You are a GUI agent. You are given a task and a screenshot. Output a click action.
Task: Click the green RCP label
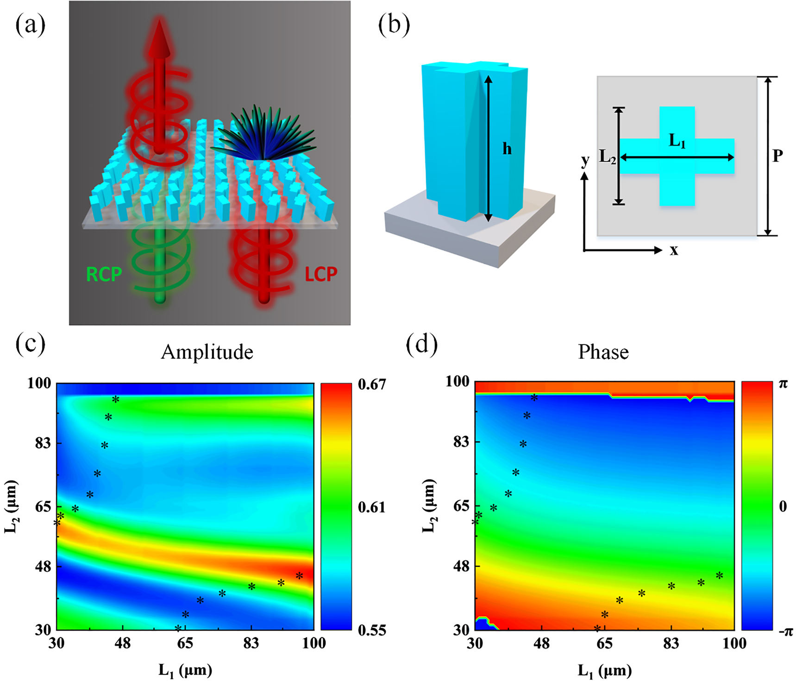[104, 274]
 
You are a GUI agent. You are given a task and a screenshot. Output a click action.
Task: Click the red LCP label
[320, 274]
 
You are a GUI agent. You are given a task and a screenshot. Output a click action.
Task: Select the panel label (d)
[421, 345]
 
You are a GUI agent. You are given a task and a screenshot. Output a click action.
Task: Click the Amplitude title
[207, 352]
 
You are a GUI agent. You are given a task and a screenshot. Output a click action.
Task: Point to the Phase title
[603, 352]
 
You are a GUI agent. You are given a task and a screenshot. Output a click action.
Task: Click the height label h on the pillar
[507, 149]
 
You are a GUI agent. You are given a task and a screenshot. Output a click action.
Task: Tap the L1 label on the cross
[677, 141]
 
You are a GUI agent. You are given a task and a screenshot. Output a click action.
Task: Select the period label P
[777, 156]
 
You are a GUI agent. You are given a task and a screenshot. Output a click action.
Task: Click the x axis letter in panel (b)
[674, 250]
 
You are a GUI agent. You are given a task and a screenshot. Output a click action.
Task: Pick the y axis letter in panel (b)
[585, 160]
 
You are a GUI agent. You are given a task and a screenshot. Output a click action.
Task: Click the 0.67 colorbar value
[372, 384]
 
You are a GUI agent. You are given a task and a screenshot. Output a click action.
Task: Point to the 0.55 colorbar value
[372, 630]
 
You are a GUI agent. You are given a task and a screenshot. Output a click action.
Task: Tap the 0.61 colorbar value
[372, 507]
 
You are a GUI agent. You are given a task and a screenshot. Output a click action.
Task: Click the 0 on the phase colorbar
[783, 506]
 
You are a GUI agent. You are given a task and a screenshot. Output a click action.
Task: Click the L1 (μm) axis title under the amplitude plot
[185, 670]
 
